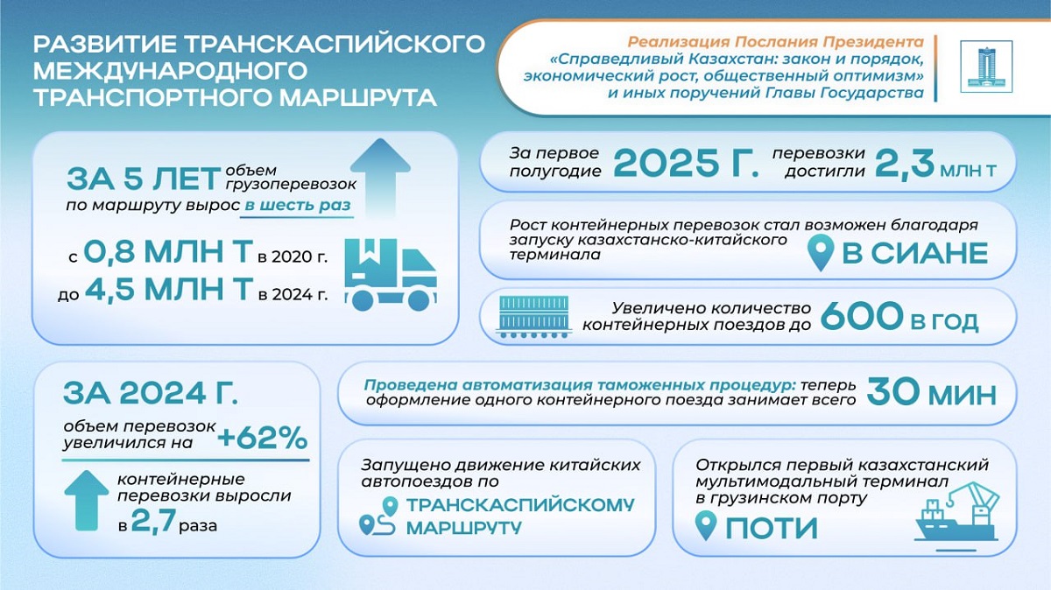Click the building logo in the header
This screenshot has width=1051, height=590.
tap(986, 67)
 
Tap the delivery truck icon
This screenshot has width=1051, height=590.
tap(391, 274)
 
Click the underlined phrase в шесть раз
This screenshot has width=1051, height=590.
tap(298, 206)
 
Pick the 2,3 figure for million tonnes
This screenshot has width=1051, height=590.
tap(904, 163)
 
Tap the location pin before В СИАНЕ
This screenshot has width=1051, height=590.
tap(822, 253)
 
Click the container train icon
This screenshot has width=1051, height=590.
tap(534, 317)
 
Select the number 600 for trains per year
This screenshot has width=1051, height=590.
tap(862, 317)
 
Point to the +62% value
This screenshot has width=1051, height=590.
tap(262, 439)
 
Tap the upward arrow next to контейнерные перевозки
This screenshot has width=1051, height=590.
tap(87, 501)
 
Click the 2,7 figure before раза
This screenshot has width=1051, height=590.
tap(153, 520)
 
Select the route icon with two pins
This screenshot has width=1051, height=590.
tap(378, 516)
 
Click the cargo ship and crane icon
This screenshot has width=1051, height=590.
tap(957, 516)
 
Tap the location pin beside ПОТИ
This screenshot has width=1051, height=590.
tap(706, 525)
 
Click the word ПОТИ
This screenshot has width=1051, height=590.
tap(772, 528)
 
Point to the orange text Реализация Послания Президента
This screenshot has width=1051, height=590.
tap(776, 42)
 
